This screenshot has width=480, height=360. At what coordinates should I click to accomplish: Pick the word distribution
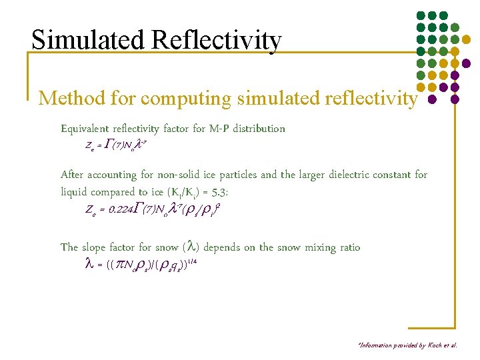point(259,129)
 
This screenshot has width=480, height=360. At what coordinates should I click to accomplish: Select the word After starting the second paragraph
point(73,175)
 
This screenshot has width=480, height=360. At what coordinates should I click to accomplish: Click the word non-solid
point(181,175)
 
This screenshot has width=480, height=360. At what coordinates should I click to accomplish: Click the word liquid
point(74,192)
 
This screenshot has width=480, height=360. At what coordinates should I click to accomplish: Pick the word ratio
point(347,247)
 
